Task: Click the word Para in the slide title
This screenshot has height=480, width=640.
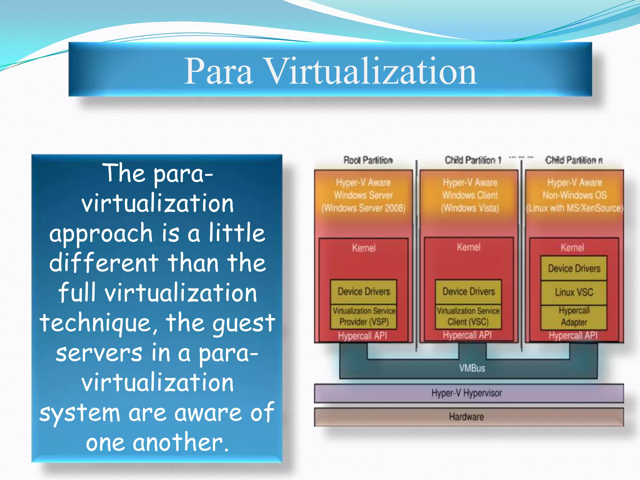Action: (218, 72)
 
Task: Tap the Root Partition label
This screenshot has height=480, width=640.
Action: (368, 160)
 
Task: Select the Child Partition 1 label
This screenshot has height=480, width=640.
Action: (473, 160)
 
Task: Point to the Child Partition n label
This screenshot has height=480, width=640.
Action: (574, 160)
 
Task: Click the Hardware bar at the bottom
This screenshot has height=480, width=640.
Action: (466, 417)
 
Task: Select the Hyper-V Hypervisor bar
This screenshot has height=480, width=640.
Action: (466, 393)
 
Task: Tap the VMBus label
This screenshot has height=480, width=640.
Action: (472, 368)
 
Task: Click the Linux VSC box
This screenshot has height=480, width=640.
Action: (574, 292)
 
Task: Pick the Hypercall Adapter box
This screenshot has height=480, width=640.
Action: (574, 317)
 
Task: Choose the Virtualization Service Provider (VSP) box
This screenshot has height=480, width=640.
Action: (364, 316)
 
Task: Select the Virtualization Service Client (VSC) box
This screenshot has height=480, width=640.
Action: (468, 316)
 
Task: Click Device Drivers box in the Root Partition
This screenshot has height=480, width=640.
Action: (364, 292)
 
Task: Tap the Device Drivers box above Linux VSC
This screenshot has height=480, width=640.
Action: (574, 268)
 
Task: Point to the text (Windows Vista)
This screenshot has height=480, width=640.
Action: (470, 208)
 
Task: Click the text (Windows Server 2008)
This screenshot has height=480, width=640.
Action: (363, 208)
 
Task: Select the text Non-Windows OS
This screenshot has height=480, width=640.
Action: (574, 195)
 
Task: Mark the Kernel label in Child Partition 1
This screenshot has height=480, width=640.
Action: (468, 247)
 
